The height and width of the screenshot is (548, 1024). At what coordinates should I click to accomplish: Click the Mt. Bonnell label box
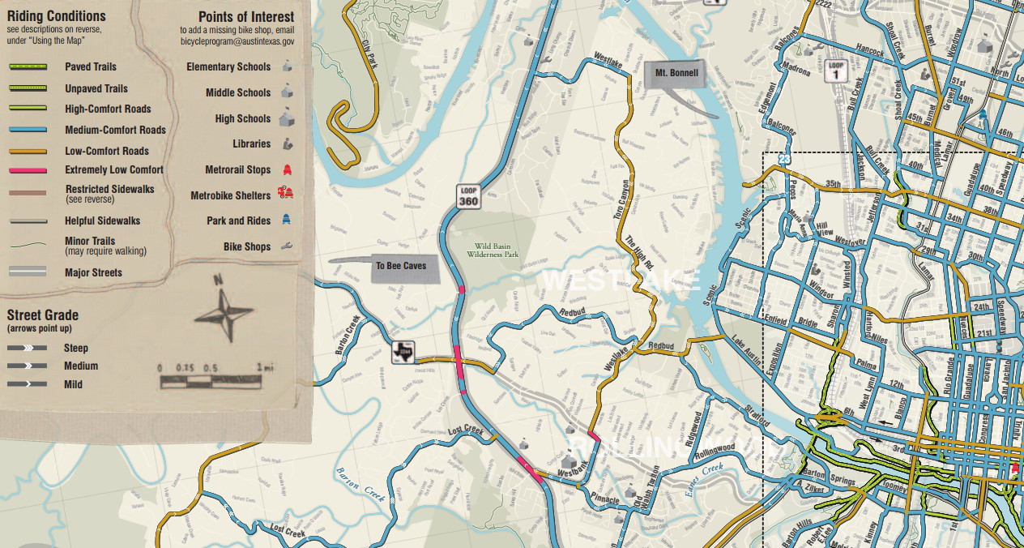[676, 73]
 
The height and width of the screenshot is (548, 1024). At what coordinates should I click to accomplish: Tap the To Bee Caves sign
[400, 266]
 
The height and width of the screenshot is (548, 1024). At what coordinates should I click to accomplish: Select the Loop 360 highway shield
[468, 195]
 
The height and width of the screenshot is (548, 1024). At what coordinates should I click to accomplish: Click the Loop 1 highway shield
[836, 70]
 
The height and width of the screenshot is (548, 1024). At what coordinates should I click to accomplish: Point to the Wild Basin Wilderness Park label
[497, 249]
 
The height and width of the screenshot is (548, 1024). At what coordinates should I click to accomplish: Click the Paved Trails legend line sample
[28, 67]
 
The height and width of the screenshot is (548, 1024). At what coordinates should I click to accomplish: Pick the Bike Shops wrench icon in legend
[286, 246]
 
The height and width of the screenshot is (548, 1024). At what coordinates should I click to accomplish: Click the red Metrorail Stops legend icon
[286, 169]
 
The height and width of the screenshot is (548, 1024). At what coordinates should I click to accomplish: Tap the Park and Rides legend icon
[286, 220]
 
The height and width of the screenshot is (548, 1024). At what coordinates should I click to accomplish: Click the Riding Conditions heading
[56, 16]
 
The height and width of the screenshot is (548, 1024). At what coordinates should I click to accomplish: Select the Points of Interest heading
[246, 17]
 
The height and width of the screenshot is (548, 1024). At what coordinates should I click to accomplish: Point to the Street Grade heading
[43, 315]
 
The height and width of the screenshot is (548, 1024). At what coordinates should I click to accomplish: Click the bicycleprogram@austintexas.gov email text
[237, 41]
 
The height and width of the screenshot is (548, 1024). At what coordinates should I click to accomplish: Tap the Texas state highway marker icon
[403, 353]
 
